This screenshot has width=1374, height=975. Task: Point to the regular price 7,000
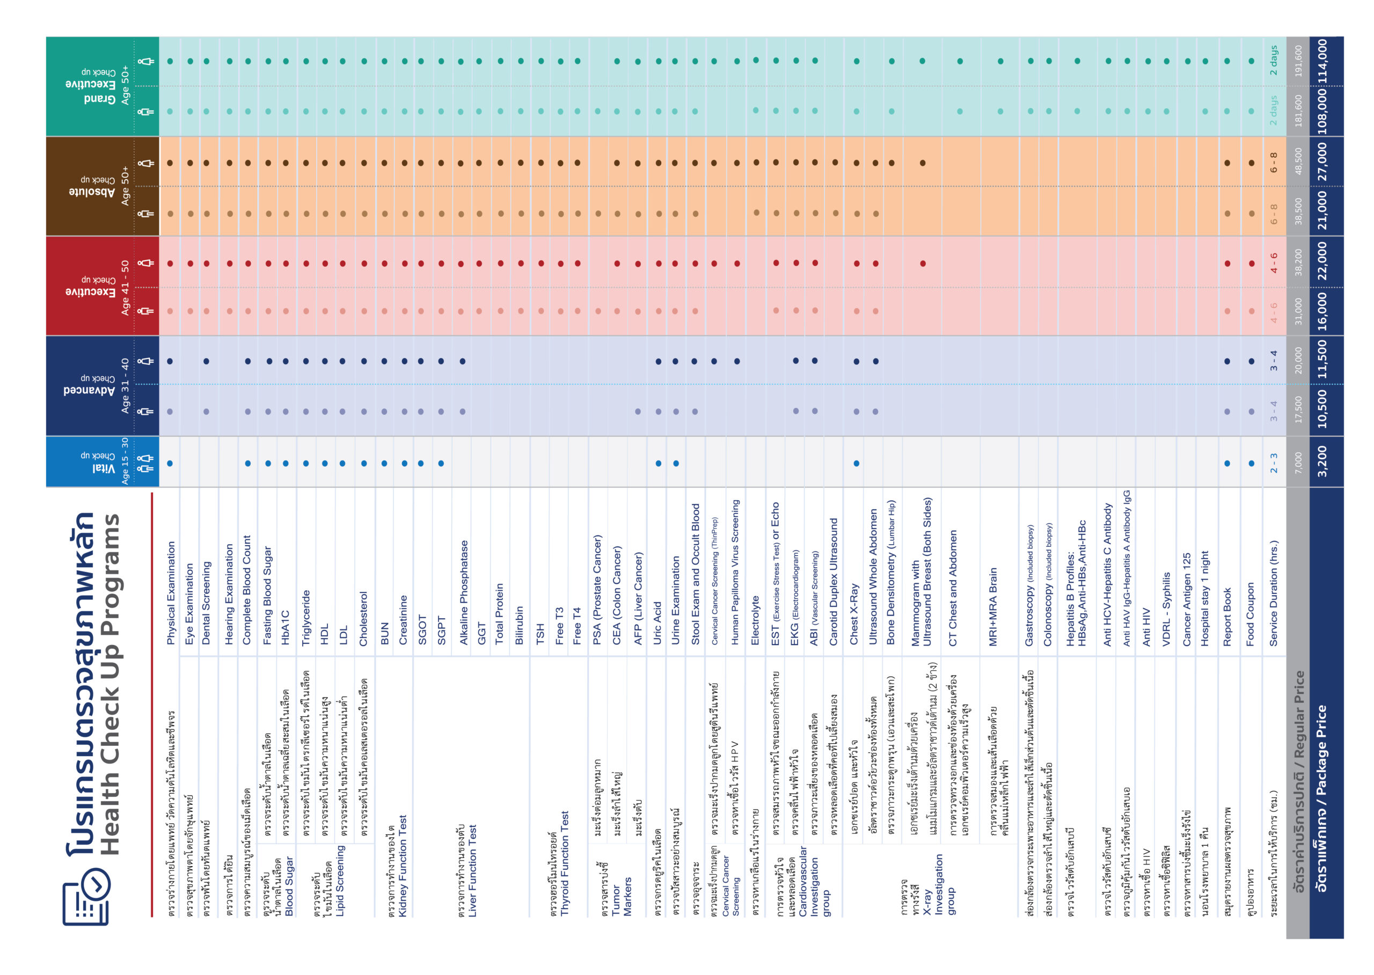coord(1298,463)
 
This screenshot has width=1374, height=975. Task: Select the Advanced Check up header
coord(89,385)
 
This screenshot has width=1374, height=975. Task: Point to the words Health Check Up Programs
coord(110,684)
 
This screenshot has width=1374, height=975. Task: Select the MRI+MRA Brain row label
coord(993,606)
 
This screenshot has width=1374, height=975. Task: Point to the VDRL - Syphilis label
coord(1166,609)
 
